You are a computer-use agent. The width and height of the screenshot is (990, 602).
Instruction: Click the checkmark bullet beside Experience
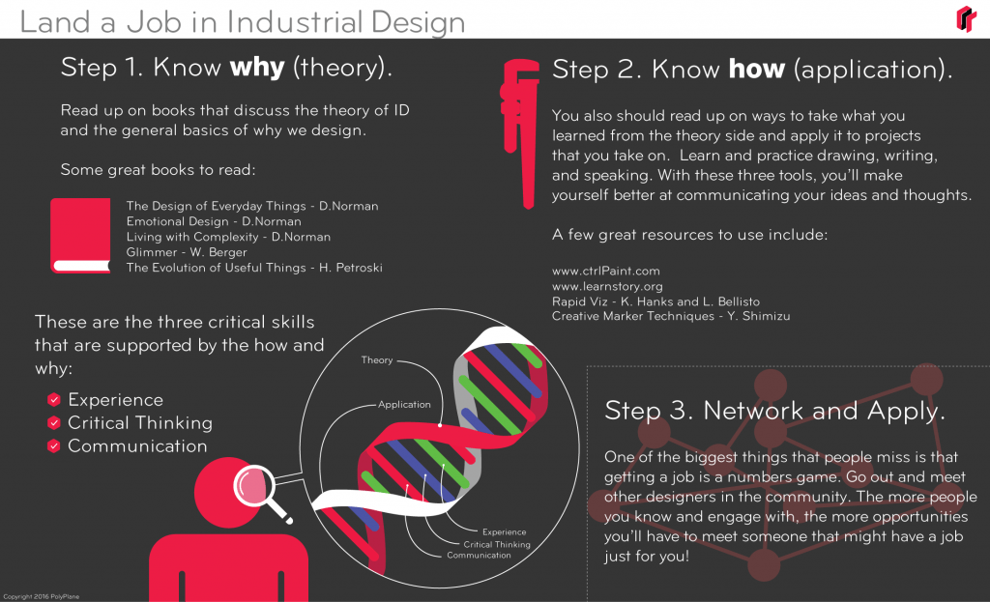(x=54, y=400)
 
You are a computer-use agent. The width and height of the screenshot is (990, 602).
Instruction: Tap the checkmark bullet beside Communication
(x=54, y=446)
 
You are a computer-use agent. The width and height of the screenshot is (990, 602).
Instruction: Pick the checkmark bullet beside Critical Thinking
(x=54, y=423)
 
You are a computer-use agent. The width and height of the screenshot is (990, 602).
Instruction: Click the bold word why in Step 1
(x=256, y=68)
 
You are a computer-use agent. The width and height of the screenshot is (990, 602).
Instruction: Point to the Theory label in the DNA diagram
(x=377, y=360)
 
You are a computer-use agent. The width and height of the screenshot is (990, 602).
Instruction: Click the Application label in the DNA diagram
(x=404, y=404)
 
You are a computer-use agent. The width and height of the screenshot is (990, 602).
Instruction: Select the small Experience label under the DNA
(x=504, y=532)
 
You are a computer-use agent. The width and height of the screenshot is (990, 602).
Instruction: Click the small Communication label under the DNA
(x=479, y=556)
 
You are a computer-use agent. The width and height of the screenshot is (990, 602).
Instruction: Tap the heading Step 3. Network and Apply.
(x=774, y=410)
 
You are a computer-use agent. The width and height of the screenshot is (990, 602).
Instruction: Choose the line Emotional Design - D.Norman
(x=214, y=221)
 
